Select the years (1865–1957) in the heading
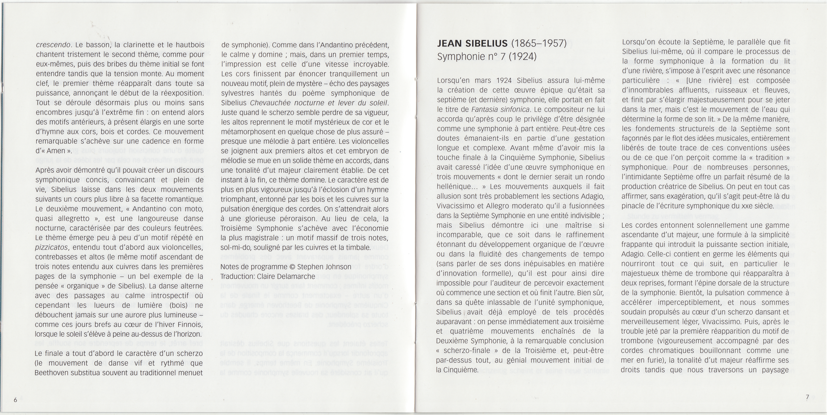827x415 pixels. point(539,44)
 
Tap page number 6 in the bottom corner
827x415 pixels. point(15,400)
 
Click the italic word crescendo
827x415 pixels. point(53,45)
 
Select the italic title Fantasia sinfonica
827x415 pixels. point(500,109)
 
